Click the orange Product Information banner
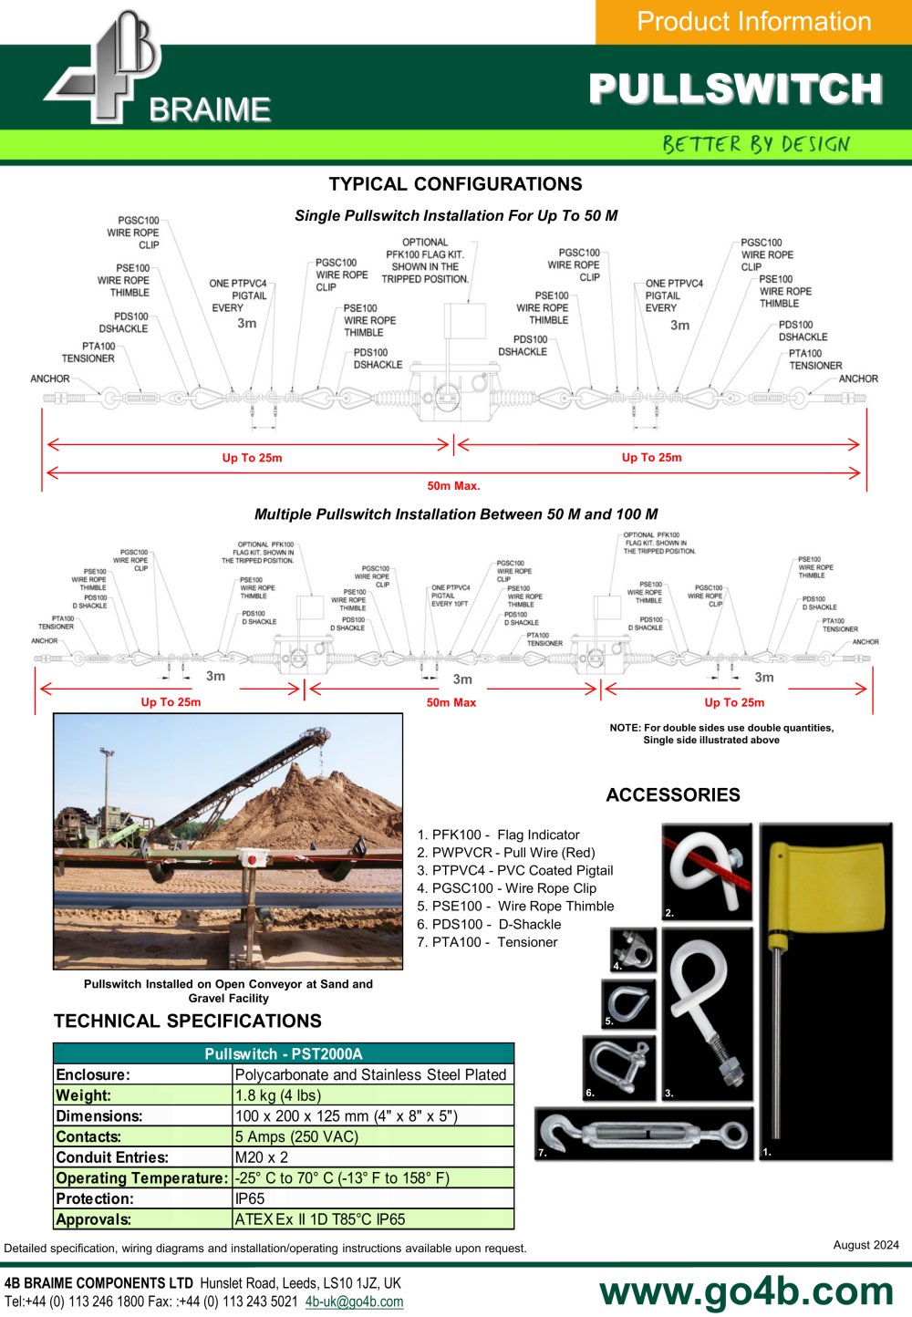754,22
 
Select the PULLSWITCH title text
736,88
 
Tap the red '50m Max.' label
453,485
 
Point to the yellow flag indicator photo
825,990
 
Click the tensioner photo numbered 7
644,1133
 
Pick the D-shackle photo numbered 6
618,1068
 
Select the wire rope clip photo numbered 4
633,949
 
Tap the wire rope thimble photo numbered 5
628,1003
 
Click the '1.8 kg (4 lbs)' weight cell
278,1094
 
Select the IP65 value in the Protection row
250,1198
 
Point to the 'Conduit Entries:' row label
112,1157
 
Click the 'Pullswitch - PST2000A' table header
284,1053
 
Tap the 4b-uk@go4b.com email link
354,1301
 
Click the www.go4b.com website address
746,1291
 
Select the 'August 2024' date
865,1245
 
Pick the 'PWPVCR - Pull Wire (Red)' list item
505,853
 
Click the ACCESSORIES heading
673,795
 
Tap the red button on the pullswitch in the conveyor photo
253,860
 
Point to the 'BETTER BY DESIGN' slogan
756,144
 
